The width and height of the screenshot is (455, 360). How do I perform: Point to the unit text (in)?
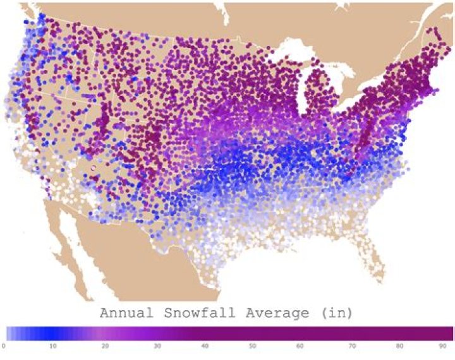pyautogui.click(x=337, y=313)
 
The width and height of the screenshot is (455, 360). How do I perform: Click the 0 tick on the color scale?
pyautogui.click(x=4, y=345)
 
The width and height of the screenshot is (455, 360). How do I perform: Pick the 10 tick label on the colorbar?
pyautogui.click(x=53, y=345)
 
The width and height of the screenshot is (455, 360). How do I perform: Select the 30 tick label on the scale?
pyautogui.click(x=155, y=345)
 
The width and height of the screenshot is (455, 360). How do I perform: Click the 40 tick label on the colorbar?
pyautogui.click(x=205, y=345)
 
